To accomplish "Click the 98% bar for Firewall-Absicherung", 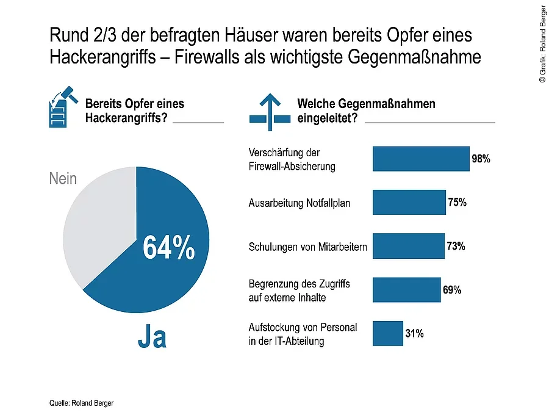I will pyautogui.click(x=420, y=159).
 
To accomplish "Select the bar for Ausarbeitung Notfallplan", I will pyautogui.click(x=409, y=202).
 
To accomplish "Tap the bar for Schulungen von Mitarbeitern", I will pyautogui.click(x=408, y=246).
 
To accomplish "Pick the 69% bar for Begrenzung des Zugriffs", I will pyautogui.click(x=406, y=290).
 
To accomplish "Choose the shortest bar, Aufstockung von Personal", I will pyautogui.click(x=387, y=333).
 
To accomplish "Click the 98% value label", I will pyautogui.click(x=481, y=159).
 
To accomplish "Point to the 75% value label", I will pyautogui.click(x=457, y=203).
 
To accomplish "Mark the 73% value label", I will pyautogui.click(x=456, y=246).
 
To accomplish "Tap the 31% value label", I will pyautogui.click(x=414, y=333).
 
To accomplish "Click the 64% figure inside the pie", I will pyautogui.click(x=168, y=247).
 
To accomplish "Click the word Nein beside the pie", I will pyautogui.click(x=63, y=178).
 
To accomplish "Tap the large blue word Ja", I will pyautogui.click(x=152, y=338).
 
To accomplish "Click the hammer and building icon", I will pyautogui.click(x=61, y=108).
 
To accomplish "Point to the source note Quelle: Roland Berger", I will pyautogui.click(x=81, y=403).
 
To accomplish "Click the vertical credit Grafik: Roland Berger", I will pyautogui.click(x=542, y=42).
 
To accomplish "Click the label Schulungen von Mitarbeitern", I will pyautogui.click(x=307, y=247).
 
